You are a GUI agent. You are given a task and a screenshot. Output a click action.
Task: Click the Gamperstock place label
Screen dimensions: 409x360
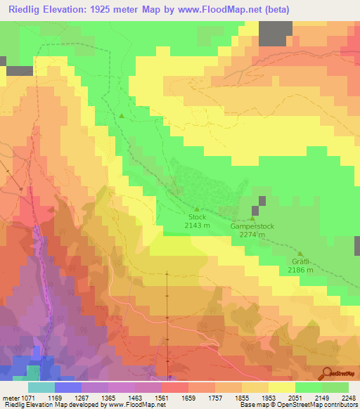tap(252, 228)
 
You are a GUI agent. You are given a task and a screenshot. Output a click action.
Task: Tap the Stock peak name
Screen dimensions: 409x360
tap(196, 217)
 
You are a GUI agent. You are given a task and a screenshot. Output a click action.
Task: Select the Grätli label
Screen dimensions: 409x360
tap(300, 262)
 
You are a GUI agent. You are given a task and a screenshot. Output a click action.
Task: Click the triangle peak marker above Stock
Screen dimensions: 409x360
tap(196, 209)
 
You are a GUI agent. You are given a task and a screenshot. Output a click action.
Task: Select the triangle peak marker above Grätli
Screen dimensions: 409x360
tap(300, 254)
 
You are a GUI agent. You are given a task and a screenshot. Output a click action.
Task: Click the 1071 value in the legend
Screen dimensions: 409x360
tap(25, 397)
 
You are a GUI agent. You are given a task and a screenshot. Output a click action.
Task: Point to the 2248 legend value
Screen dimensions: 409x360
tap(349, 397)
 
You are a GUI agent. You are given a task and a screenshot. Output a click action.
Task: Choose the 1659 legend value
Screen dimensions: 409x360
tap(188, 397)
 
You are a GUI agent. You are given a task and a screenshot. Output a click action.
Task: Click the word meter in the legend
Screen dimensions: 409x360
tap(9, 397)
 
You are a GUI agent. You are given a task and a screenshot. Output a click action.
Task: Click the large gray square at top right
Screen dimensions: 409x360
tap(276, 34)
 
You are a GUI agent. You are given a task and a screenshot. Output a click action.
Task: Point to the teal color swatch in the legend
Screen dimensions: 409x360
tap(41, 387)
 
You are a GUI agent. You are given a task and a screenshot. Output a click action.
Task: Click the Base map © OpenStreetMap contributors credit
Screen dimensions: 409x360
tap(298, 404)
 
